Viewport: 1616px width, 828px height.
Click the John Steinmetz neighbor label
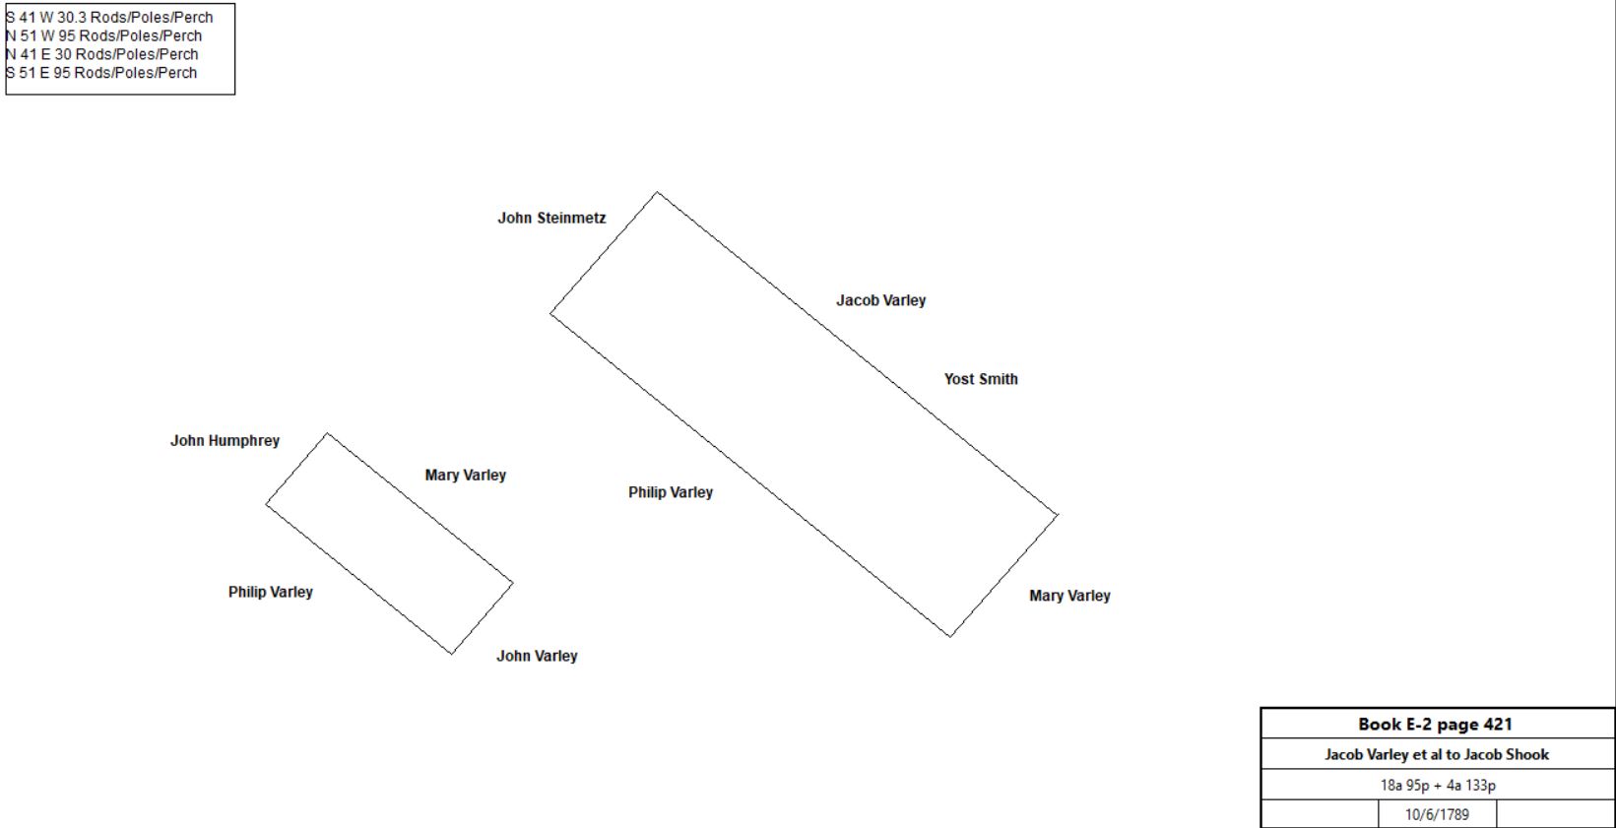pyautogui.click(x=551, y=218)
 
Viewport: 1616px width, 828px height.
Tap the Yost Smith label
pyautogui.click(x=981, y=379)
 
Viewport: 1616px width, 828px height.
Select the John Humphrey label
pyautogui.click(x=226, y=441)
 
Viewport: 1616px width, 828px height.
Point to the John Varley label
pyautogui.click(x=537, y=656)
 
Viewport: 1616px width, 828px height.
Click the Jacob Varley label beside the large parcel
pyautogui.click(x=880, y=300)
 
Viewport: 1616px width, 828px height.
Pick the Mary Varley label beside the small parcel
pyautogui.click(x=466, y=475)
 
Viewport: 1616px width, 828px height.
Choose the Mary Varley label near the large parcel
pyautogui.click(x=1069, y=595)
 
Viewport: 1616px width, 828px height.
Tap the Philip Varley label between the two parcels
pyautogui.click(x=671, y=492)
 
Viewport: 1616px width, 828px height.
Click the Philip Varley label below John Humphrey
pyautogui.click(x=271, y=592)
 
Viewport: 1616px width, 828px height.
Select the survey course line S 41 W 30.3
pyautogui.click(x=109, y=18)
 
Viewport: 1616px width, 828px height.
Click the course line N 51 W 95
pyautogui.click(x=103, y=35)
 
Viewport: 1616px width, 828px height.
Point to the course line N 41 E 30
pyautogui.click(x=101, y=54)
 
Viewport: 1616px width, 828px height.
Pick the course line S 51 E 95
pyautogui.click(x=101, y=72)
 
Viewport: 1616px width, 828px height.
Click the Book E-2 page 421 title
pyautogui.click(x=1435, y=724)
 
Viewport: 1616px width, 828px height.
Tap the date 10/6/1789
pyautogui.click(x=1437, y=814)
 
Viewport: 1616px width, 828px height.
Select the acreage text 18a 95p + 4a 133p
pyautogui.click(x=1438, y=785)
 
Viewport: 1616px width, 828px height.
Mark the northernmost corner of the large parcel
pyautogui.click(x=657, y=192)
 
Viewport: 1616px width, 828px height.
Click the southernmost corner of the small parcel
pyautogui.click(x=452, y=654)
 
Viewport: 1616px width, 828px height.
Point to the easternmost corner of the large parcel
pyautogui.click(x=1058, y=514)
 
